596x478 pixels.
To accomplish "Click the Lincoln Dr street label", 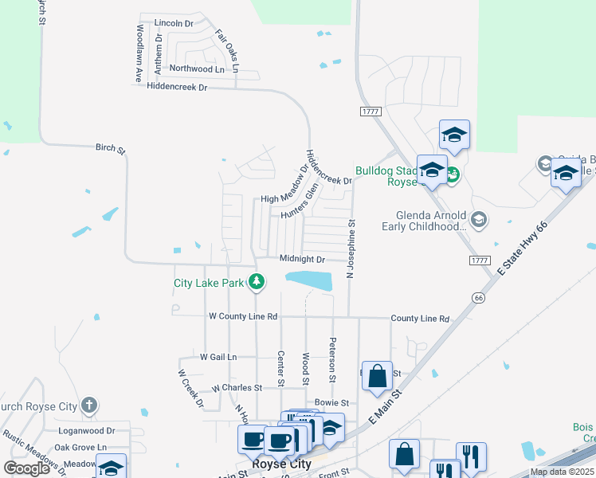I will point(174,24).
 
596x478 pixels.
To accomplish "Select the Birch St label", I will point(111,148).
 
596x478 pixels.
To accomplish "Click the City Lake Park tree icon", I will point(257,281).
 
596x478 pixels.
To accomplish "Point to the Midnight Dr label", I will point(303,260).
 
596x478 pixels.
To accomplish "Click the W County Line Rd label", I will point(242,316).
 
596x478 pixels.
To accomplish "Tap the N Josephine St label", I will point(349,249).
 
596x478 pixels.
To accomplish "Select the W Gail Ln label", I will point(218,358).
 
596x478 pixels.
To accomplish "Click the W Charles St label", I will point(237,388).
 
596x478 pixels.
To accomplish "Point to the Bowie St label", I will point(332,403).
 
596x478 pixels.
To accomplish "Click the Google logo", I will point(26,468).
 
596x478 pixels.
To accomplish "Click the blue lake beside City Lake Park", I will point(308,280).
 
